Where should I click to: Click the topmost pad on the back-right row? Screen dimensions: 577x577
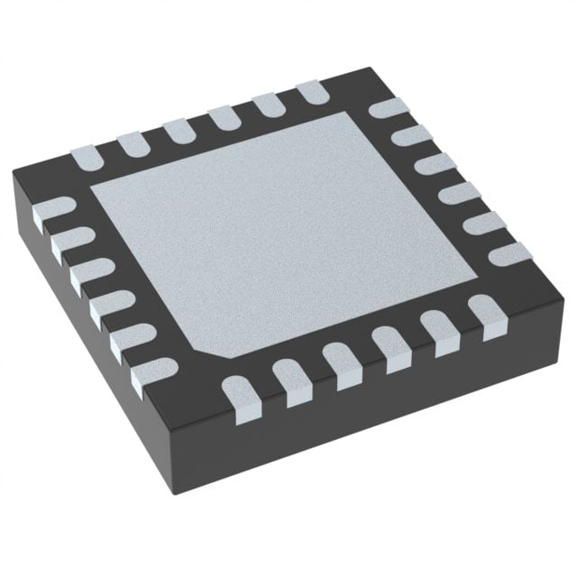387,109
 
